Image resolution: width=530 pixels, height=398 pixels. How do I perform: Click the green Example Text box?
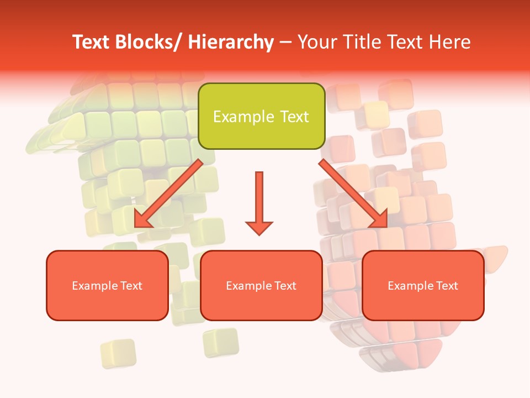[261, 116]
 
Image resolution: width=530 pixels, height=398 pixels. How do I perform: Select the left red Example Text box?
[107, 285]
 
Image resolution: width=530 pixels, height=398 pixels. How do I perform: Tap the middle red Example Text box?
[261, 285]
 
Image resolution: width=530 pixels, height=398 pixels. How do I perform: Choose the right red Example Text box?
[423, 285]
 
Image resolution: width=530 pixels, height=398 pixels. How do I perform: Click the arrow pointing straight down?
[259, 202]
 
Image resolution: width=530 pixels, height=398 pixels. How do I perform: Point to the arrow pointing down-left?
[168, 193]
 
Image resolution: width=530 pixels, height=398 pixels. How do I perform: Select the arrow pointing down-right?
[353, 193]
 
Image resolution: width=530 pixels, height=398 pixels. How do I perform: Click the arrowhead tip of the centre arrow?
[259, 234]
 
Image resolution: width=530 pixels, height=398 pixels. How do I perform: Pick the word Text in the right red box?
[447, 285]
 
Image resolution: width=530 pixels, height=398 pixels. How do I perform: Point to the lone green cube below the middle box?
[220, 342]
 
